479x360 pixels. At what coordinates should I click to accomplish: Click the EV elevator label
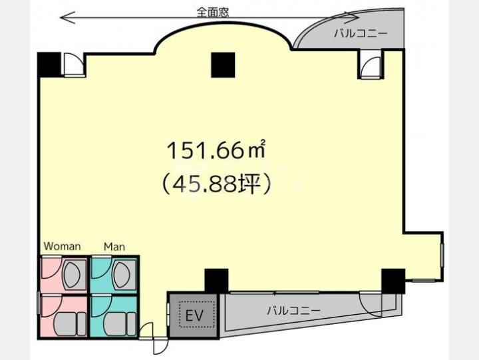pyautogui.click(x=194, y=315)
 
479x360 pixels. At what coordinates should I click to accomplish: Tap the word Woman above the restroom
pyautogui.click(x=63, y=246)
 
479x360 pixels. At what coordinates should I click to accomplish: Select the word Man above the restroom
pyautogui.click(x=114, y=246)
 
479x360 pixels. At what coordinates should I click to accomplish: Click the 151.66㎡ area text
pyautogui.click(x=216, y=150)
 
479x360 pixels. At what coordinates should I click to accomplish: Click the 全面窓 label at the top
pyautogui.click(x=213, y=12)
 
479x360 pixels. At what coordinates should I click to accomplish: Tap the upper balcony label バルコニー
pyautogui.click(x=361, y=33)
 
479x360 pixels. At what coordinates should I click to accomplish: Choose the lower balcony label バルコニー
pyautogui.click(x=294, y=311)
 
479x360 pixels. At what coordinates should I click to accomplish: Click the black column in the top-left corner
pyautogui.click(x=49, y=65)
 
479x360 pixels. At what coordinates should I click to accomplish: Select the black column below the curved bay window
pyautogui.click(x=223, y=65)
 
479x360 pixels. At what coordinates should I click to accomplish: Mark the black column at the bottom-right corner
pyautogui.click(x=393, y=281)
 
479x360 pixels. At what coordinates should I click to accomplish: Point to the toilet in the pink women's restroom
pyautogui.click(x=71, y=324)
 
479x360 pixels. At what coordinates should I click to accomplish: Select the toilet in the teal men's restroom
pyautogui.click(x=120, y=324)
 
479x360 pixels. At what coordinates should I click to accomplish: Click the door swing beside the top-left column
pyautogui.click(x=73, y=64)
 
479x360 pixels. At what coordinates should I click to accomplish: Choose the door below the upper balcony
pyautogui.click(x=371, y=67)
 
